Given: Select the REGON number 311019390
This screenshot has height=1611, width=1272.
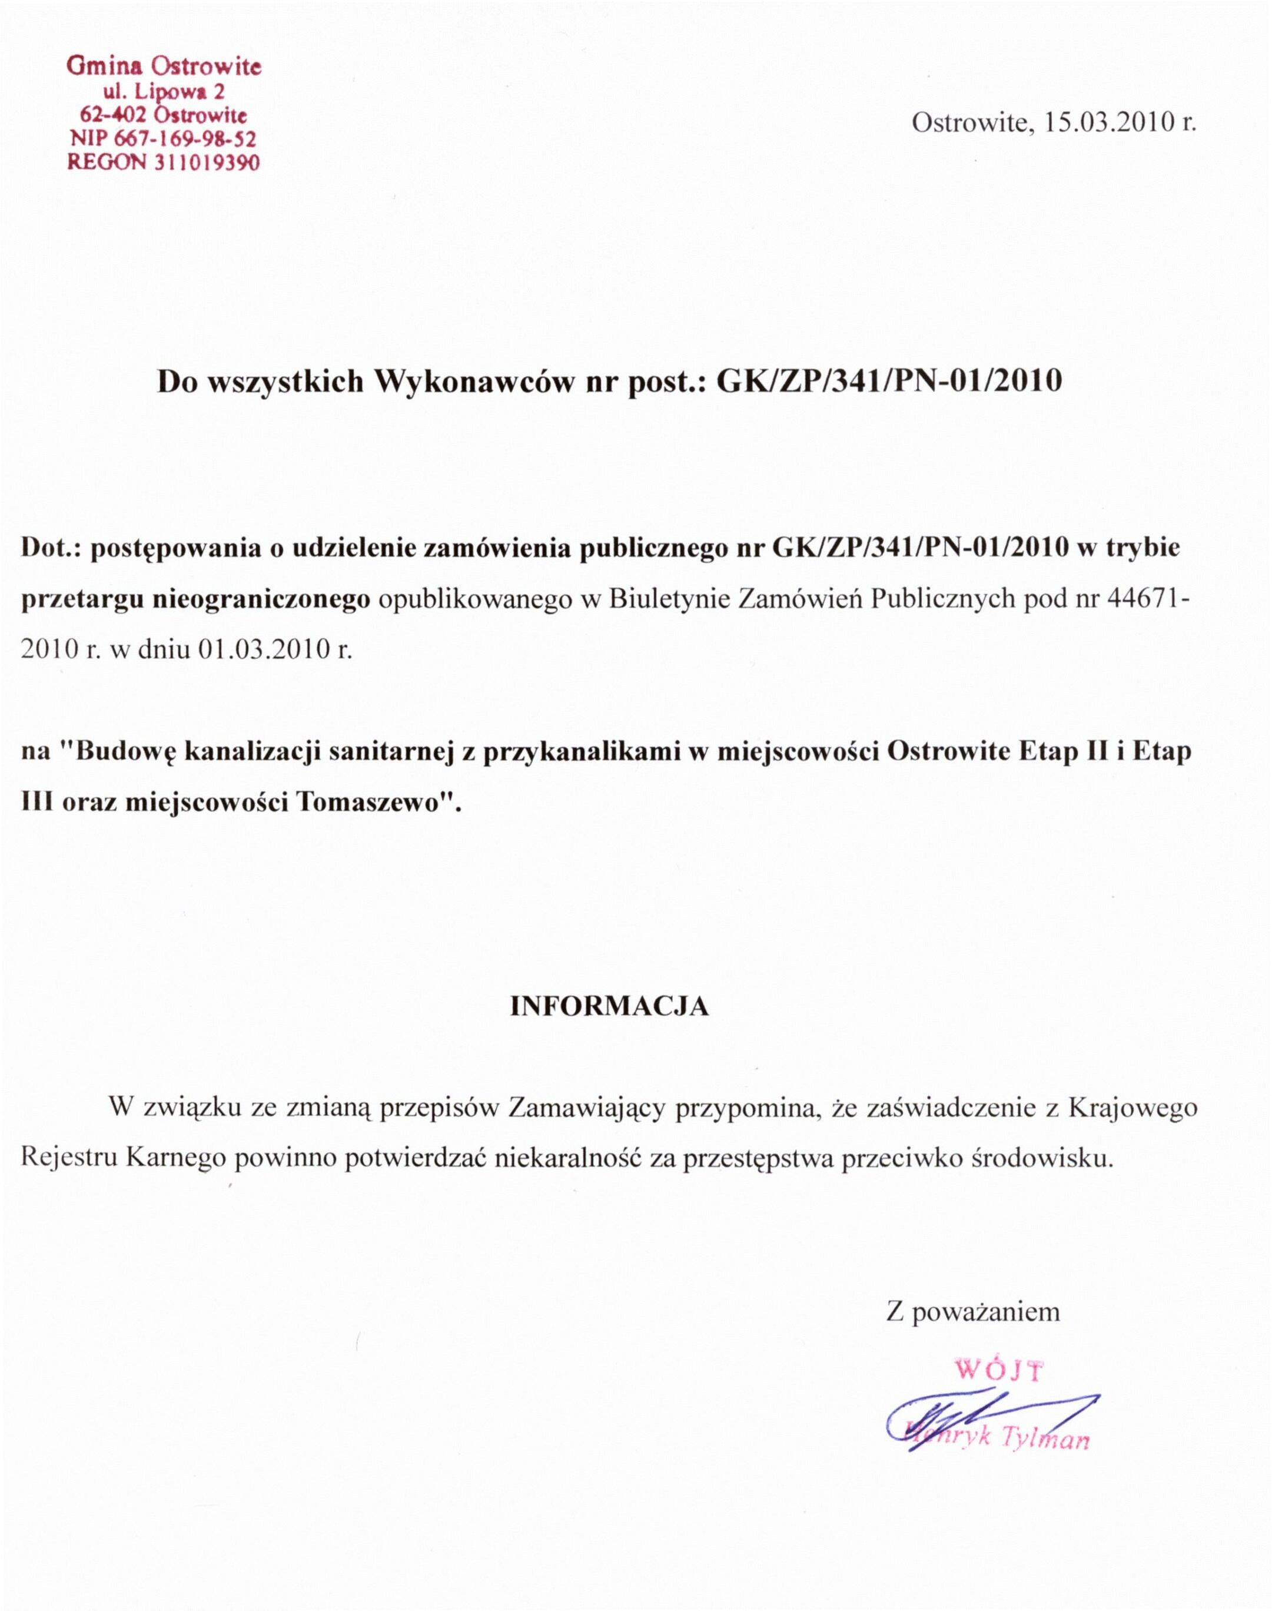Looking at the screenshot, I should pyautogui.click(x=207, y=163).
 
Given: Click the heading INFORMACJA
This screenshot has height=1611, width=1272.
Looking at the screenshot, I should pyautogui.click(x=609, y=1006).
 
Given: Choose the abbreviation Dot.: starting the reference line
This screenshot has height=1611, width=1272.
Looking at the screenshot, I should pyautogui.click(x=54, y=548).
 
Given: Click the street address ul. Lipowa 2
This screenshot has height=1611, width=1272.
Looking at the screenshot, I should pyautogui.click(x=164, y=92).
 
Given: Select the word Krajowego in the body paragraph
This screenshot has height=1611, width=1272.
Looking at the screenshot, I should pyautogui.click(x=1132, y=1108).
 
